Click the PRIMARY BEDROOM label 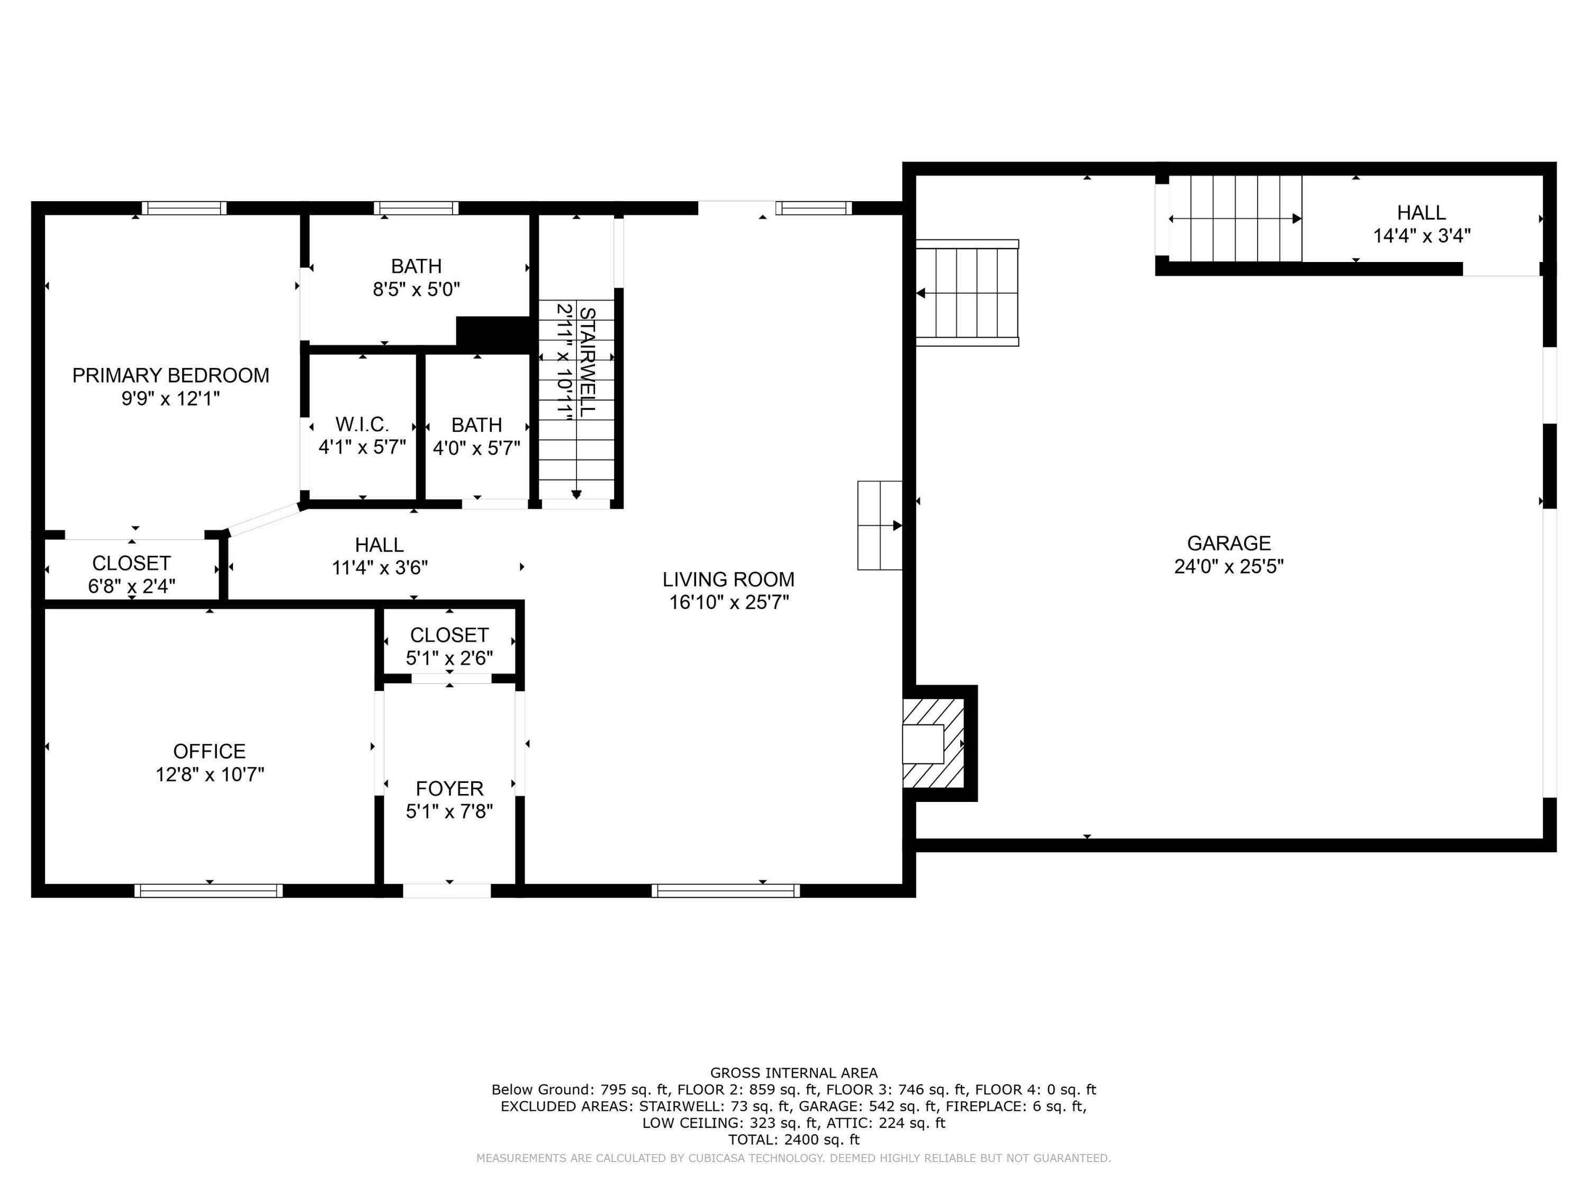point(171,375)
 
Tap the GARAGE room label point(1229,544)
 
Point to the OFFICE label point(209,751)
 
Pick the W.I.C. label point(362,425)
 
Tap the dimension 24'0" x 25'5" point(1229,567)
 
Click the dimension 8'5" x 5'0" point(417,290)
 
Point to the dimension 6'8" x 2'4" point(131,587)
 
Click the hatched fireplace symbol point(933,743)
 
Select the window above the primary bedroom point(184,208)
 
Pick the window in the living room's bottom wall point(726,890)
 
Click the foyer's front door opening point(447,890)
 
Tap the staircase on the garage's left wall point(967,293)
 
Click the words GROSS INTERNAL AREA point(794,1072)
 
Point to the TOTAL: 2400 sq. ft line point(794,1139)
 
